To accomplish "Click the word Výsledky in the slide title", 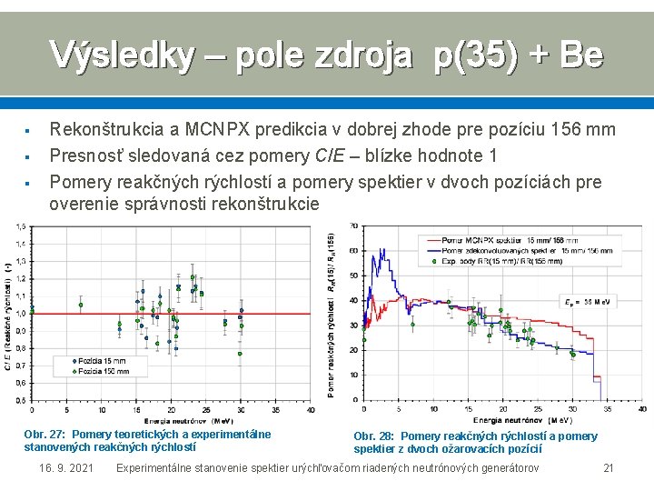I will [121, 55].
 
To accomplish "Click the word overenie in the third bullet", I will [84, 205].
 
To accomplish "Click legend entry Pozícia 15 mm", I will [100, 361].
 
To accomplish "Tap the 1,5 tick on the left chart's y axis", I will [20, 226].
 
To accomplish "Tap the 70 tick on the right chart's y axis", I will [352, 225].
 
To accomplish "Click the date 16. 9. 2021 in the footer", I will [66, 467].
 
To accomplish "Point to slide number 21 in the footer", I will [609, 467].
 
